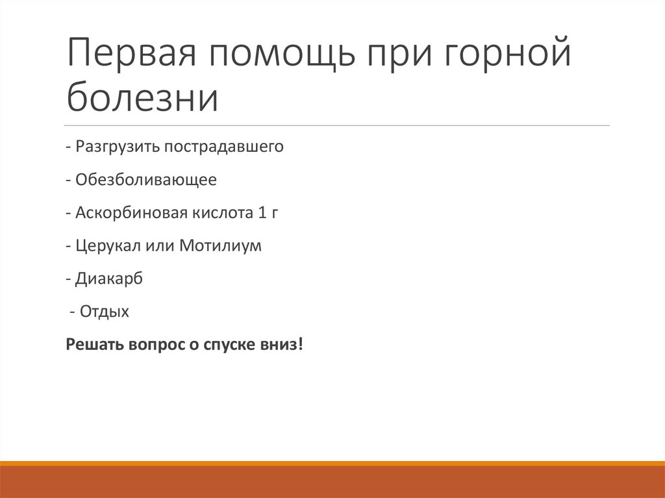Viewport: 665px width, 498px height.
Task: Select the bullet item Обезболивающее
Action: pyautogui.click(x=145, y=179)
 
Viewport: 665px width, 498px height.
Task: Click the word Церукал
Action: pyautogui.click(x=103, y=246)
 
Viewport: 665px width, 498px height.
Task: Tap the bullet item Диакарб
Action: pyautogui.click(x=108, y=279)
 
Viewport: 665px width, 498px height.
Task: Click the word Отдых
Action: pyautogui.click(x=105, y=312)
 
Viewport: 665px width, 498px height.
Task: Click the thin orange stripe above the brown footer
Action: pyautogui.click(x=332, y=463)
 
